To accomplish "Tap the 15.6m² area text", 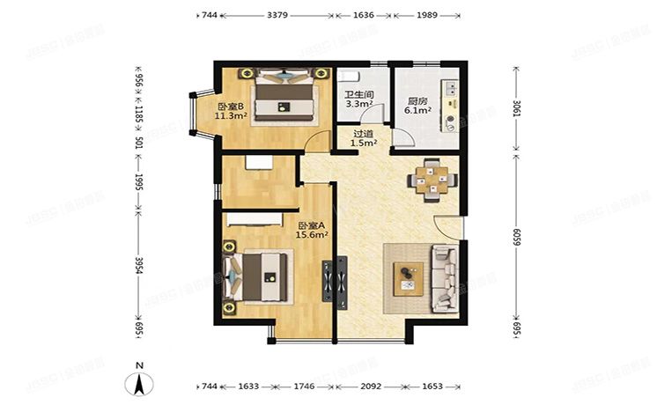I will tap(314, 235).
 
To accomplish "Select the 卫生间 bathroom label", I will tap(358, 94).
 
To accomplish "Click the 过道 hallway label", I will tap(364, 134).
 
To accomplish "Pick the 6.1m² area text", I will tap(417, 112).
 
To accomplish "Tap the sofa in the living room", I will tap(442, 278).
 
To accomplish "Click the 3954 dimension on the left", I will tap(137, 266).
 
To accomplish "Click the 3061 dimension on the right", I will tap(517, 112).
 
